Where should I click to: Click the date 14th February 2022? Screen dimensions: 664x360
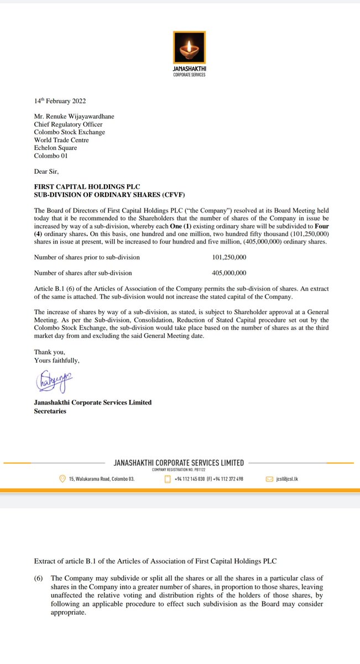(60, 101)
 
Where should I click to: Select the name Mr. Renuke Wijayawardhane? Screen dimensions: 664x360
(75, 117)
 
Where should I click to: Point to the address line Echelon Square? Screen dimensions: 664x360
(56, 148)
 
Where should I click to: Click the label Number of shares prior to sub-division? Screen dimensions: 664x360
(87, 257)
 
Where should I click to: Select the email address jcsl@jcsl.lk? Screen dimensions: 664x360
(288, 479)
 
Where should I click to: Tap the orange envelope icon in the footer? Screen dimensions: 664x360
(270, 479)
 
